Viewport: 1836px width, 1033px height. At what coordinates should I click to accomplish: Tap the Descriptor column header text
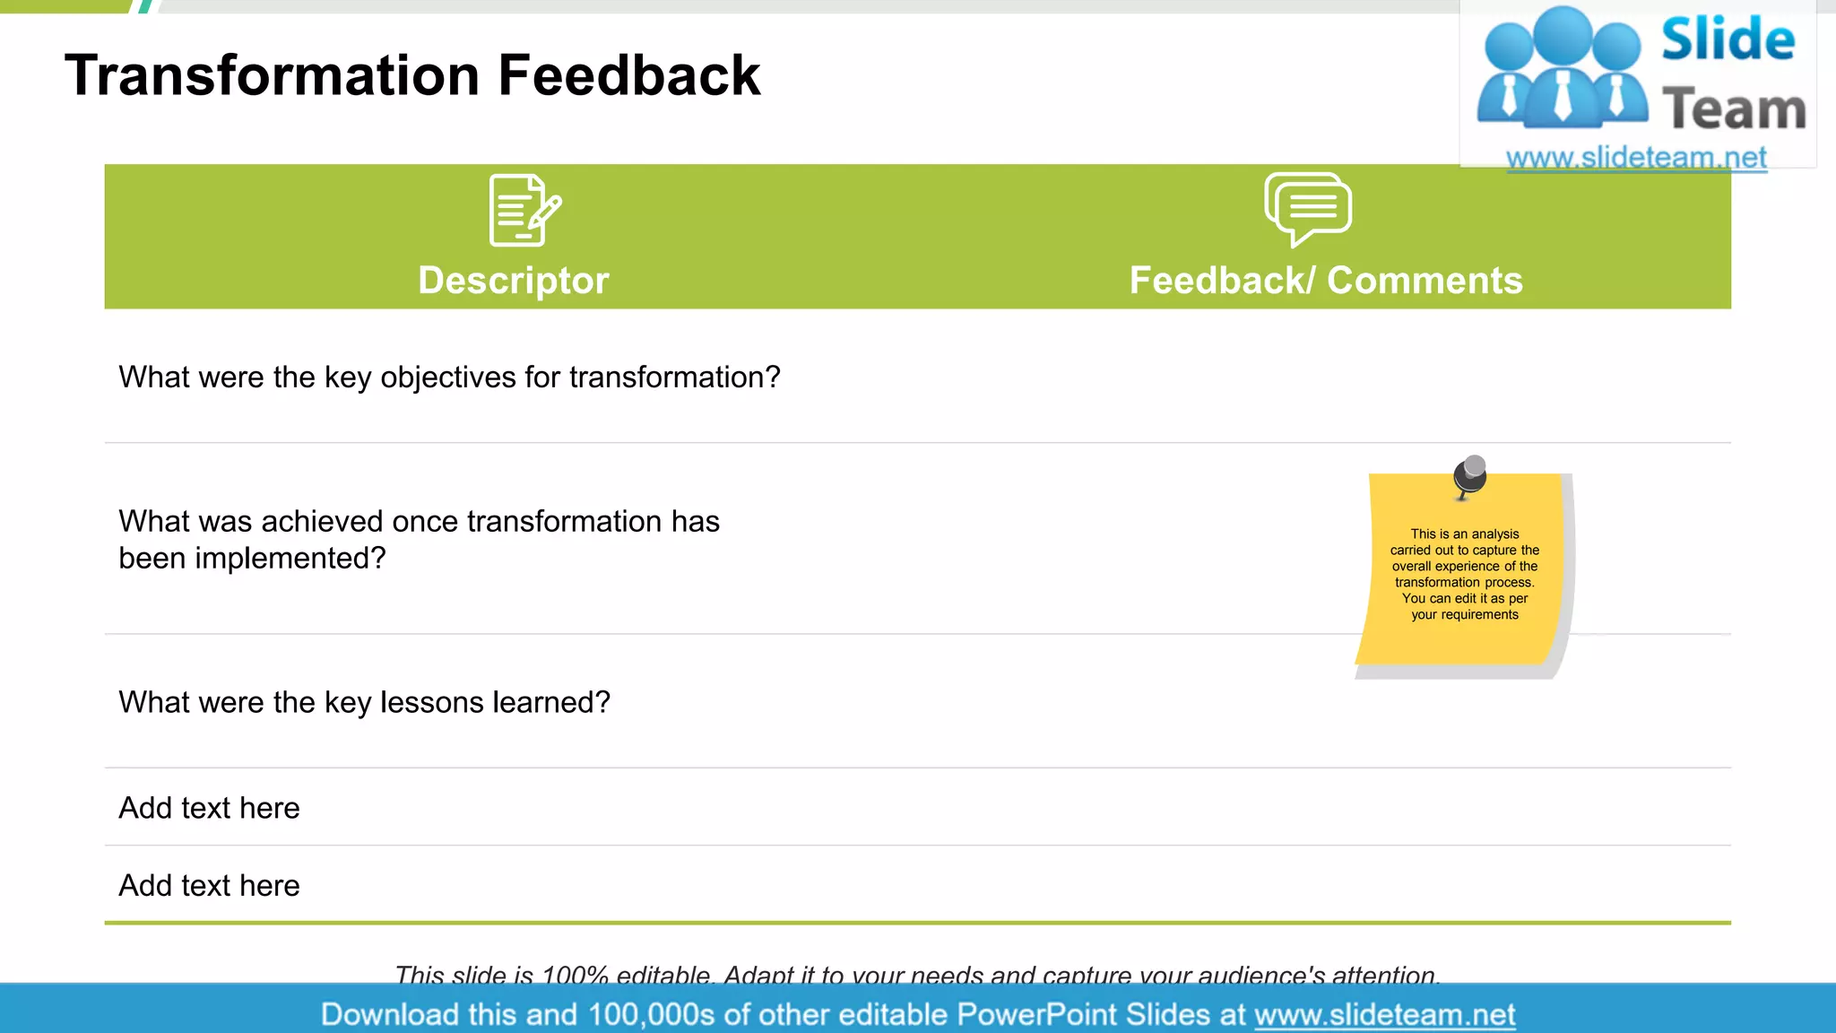tap(513, 281)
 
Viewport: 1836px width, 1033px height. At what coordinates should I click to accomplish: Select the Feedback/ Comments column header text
tap(1325, 281)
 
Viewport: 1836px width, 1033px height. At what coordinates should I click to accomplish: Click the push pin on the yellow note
tap(1470, 474)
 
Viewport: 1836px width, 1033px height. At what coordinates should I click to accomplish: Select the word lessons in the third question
tap(432, 703)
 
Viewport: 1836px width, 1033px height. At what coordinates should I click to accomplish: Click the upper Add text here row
tap(209, 808)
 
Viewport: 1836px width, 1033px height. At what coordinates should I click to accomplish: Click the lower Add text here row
tap(209, 886)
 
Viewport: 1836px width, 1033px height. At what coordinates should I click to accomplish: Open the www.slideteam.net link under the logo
tap(1636, 158)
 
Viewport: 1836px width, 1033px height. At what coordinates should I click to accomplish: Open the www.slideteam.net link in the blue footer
tap(1384, 1015)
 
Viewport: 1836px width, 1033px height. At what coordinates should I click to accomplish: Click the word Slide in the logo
tap(1728, 40)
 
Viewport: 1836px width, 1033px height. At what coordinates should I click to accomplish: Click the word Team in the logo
tap(1734, 109)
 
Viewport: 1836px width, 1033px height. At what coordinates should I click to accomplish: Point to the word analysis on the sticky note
tap(1494, 534)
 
